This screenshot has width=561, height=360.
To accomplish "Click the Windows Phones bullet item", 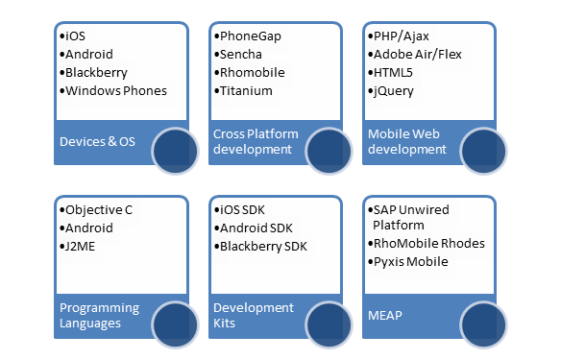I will coord(115,91).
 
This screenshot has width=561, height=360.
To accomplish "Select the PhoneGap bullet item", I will coord(248,36).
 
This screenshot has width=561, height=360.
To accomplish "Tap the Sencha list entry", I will coord(240,54).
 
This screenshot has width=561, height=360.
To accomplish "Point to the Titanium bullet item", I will coord(245,91).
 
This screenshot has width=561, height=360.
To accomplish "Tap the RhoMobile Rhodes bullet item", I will coord(427,243).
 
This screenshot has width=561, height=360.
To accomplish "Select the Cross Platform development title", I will coord(255,141).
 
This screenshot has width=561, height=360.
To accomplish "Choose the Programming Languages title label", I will coord(99,315).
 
